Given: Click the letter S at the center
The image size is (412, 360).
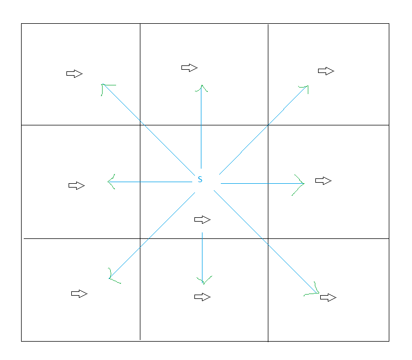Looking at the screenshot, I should coord(200,179).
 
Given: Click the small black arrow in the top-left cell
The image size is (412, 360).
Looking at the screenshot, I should coord(75,74).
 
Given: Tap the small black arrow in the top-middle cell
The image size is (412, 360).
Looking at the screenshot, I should coord(189,68).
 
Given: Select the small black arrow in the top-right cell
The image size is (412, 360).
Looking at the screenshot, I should coord(326,71).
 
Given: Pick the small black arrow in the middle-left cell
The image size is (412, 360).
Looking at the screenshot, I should coord(77,185).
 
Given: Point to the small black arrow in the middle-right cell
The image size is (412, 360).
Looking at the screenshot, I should coord(323,181).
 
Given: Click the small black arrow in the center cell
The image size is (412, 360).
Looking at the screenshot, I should coord(202,219).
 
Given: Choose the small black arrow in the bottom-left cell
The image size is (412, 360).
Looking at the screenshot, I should coord(79,294).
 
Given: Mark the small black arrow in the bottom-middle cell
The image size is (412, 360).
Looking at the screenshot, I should coord(202,297).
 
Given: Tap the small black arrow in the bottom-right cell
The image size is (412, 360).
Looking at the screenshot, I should coord(328,297).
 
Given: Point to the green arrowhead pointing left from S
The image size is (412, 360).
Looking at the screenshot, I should coord(111,182).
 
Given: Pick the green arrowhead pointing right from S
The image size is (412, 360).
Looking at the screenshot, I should coord(301,184).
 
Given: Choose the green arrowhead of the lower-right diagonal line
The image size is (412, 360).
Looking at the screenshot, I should coord(314,292).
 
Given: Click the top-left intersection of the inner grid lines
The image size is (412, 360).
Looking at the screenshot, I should coord(140,125).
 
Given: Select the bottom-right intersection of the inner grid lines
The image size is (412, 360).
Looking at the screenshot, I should coord(268,238).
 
